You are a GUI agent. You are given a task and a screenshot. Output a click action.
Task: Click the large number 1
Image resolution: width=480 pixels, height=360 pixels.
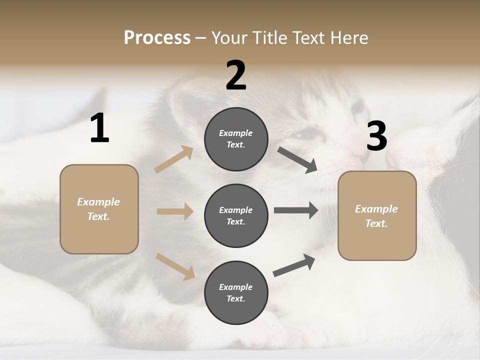tap(99, 128)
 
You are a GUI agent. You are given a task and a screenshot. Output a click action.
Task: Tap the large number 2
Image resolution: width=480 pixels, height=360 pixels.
tap(236, 75)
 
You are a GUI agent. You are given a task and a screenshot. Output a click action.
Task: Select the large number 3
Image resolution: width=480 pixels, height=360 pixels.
tap(376, 136)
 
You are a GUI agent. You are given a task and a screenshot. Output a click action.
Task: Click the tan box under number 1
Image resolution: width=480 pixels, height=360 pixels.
tap(99, 209)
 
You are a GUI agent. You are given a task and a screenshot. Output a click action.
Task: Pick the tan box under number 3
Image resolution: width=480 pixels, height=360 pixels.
tap(377, 216)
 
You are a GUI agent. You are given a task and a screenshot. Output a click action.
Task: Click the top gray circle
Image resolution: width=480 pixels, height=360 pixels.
tap(236, 139)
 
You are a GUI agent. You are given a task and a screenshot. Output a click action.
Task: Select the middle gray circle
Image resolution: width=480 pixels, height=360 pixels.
tap(236, 216)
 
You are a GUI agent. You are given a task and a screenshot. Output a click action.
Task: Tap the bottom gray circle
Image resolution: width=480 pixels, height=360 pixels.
tap(236, 293)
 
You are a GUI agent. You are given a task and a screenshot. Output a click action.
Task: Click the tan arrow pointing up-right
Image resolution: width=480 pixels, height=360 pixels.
tap(174, 159)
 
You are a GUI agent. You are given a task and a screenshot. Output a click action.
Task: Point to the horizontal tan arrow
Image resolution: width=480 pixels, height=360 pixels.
tap(175, 211)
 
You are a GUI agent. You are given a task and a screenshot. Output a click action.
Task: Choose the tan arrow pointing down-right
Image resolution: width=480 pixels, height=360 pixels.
tap(175, 266)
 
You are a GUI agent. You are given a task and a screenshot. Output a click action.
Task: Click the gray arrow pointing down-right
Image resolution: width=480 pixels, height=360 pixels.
tap(297, 159)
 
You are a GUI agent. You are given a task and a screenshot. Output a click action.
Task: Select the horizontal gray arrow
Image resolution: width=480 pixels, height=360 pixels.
tap(296, 210)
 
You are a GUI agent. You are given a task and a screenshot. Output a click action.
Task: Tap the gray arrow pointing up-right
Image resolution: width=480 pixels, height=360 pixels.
tap(294, 265)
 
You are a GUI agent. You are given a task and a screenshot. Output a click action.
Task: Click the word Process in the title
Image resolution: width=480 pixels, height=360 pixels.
tap(157, 37)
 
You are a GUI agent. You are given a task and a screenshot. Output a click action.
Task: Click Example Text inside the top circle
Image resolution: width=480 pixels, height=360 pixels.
tap(236, 139)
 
